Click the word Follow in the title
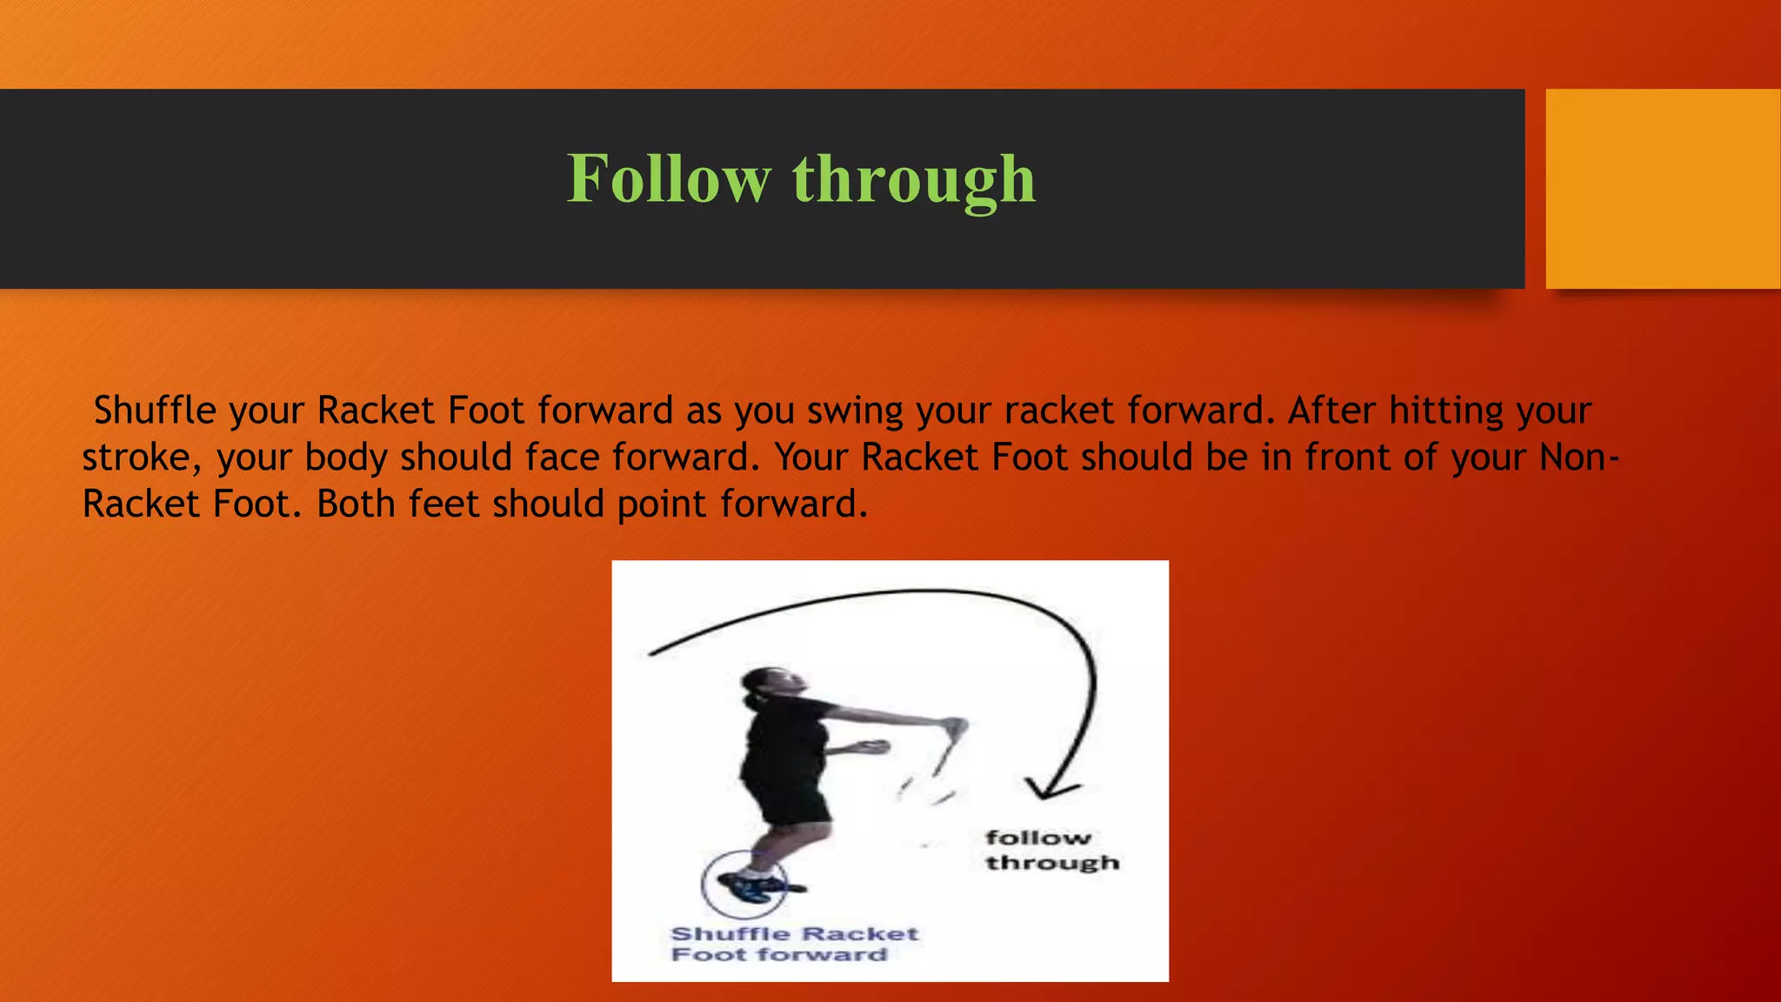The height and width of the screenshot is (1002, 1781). (668, 179)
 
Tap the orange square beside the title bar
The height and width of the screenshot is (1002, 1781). (1662, 188)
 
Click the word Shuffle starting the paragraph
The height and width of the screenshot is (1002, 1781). (154, 411)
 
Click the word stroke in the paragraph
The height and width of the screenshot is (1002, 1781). (142, 458)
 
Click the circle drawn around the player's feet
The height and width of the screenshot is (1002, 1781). (744, 885)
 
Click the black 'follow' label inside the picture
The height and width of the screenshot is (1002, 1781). (1037, 838)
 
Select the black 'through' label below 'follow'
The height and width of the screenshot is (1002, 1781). (1052, 863)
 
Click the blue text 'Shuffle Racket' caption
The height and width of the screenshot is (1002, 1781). (794, 934)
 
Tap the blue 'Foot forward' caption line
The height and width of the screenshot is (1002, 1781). (778, 955)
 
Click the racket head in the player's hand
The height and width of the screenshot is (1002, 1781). (955, 729)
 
